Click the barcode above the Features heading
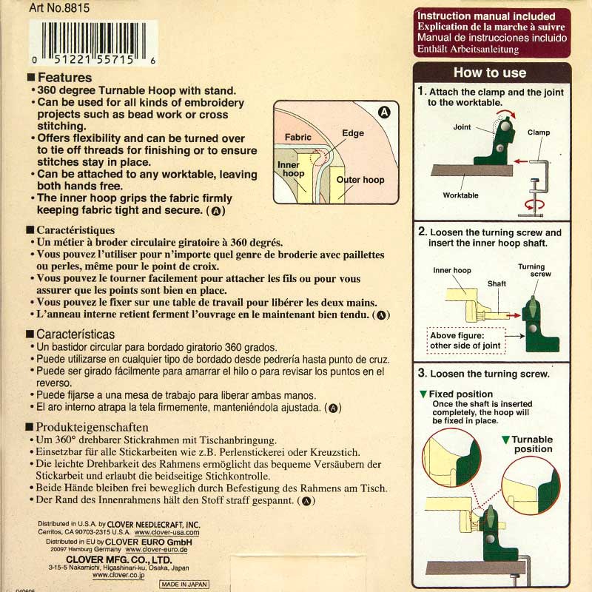[x=93, y=43]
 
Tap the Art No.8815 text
[x=59, y=8]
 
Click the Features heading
[x=64, y=78]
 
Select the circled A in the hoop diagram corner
[x=384, y=112]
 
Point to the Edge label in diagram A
[x=353, y=133]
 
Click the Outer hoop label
[x=360, y=180]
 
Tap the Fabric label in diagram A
[x=298, y=137]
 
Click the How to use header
[x=490, y=73]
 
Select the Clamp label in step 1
[x=539, y=132]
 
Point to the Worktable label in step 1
[x=460, y=195]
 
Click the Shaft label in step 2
[x=497, y=283]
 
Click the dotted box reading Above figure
[x=466, y=340]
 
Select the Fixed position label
[x=460, y=394]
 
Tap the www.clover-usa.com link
[x=167, y=532]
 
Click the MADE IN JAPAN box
[x=184, y=584]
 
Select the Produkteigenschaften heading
[x=92, y=428]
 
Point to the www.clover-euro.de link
[x=156, y=550]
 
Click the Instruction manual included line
[x=486, y=16]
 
